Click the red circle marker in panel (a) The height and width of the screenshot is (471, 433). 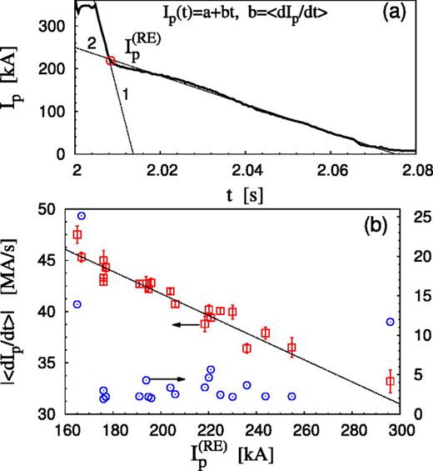pyautogui.click(x=111, y=60)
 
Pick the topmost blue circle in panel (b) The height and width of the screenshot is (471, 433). pyautogui.click(x=82, y=216)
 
